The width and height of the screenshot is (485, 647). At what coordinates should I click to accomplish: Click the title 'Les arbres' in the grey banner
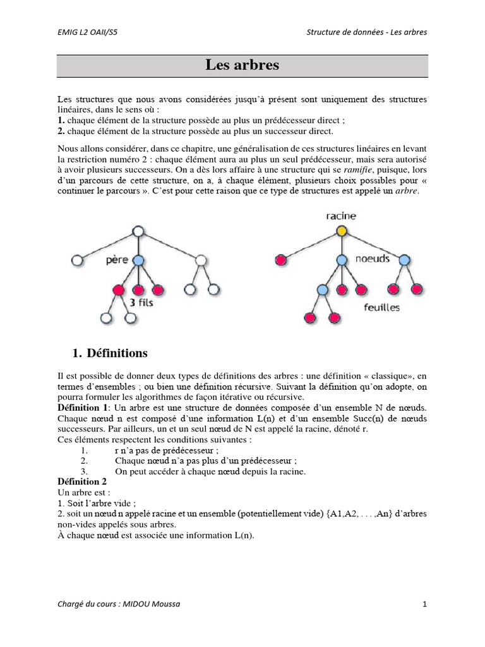pyautogui.click(x=242, y=65)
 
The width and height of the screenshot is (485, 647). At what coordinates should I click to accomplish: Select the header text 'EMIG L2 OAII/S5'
pyautogui.click(x=87, y=33)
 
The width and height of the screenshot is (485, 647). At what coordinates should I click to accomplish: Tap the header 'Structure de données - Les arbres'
pyautogui.click(x=366, y=33)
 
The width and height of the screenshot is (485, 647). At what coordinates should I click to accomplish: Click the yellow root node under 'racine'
pyautogui.click(x=342, y=231)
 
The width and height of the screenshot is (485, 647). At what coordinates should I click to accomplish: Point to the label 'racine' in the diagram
pyautogui.click(x=341, y=215)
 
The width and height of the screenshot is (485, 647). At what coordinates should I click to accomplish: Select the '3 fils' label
pyautogui.click(x=141, y=303)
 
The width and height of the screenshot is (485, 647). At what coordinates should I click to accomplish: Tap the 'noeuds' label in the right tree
pyautogui.click(x=373, y=259)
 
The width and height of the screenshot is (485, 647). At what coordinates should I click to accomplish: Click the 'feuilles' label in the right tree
pyautogui.click(x=381, y=308)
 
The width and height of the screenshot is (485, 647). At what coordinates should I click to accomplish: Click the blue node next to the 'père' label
pyautogui.click(x=139, y=260)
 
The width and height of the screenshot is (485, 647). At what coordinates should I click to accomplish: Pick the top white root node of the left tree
pyautogui.click(x=139, y=231)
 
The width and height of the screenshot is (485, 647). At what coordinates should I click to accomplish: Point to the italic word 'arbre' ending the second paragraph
pyautogui.click(x=406, y=191)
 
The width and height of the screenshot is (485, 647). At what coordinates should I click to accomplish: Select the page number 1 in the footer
pyautogui.click(x=425, y=604)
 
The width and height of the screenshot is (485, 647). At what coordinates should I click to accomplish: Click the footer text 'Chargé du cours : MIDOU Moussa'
pyautogui.click(x=118, y=604)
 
